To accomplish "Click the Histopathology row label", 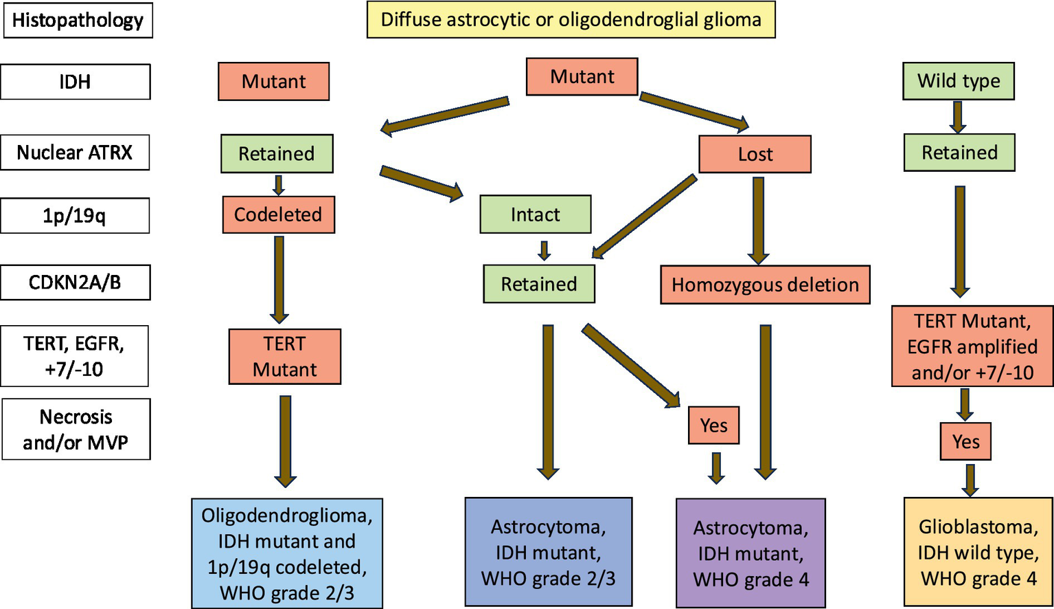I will coord(78,20).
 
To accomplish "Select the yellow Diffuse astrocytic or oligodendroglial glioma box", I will coord(571,19).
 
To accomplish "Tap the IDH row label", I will coord(75,82).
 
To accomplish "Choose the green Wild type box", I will coord(958,81).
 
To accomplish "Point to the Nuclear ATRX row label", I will coord(75,152).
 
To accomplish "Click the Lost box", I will coord(755,154).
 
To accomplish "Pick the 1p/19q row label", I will coord(75,216).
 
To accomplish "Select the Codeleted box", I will coord(278,214).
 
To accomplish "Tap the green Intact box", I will coord(535,214).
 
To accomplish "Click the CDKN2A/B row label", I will coord(75,283).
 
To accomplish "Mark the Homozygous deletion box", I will coord(765,285).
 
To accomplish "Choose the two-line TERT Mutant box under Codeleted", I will coord(284,356).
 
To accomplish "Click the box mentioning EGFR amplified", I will coord(972,346).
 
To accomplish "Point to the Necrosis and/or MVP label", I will coord(76,429).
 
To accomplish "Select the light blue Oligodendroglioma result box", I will coord(286,553).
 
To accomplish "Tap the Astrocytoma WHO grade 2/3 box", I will coord(548,552).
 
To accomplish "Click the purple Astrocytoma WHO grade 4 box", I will coord(751,553).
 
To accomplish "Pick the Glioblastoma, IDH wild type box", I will coord(978,552).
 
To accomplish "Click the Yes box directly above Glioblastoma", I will coord(965,441).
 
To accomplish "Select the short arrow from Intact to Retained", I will coord(544,250).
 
